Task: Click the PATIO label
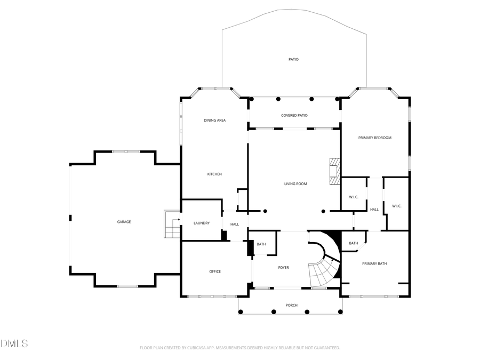(293, 59)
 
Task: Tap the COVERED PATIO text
(294, 115)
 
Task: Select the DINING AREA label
(214, 121)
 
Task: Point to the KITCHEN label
(214, 174)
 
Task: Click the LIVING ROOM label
(295, 184)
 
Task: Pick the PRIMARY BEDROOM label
(374, 138)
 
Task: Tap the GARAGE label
(124, 222)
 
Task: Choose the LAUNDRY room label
(201, 223)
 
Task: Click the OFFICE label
(214, 271)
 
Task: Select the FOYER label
(283, 267)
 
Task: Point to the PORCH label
(291, 305)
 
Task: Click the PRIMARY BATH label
(374, 263)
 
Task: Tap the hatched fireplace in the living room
(334, 171)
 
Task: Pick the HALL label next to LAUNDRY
(235, 225)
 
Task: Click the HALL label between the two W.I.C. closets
(374, 210)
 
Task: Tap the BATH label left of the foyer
(261, 244)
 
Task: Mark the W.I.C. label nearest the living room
(353, 197)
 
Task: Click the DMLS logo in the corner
(14, 343)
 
